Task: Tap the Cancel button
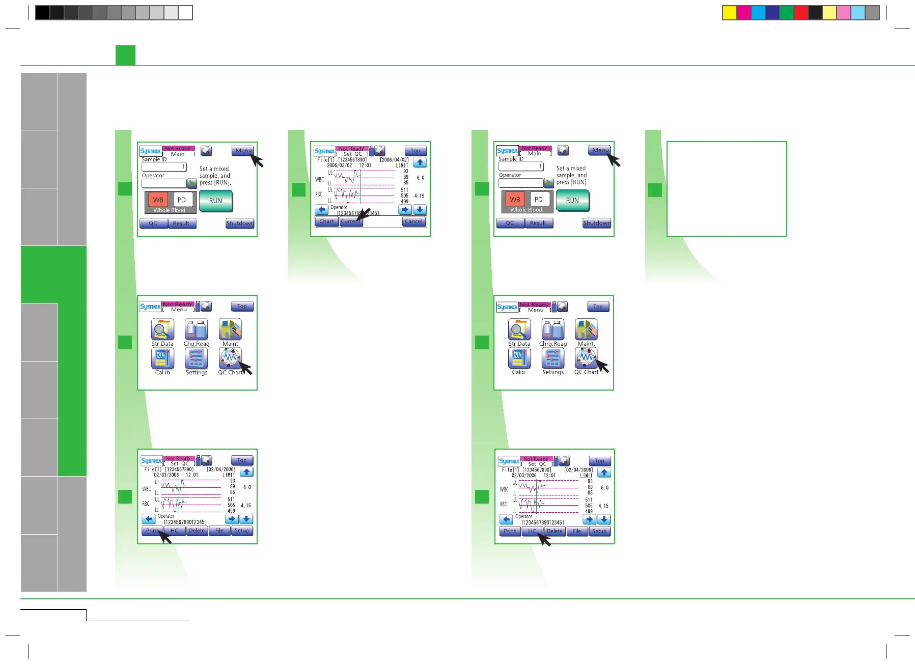click(413, 222)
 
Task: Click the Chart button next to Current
click(326, 222)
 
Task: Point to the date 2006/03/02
click(339, 165)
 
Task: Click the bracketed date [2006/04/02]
click(394, 160)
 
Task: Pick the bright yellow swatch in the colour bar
click(730, 13)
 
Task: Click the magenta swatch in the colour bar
click(744, 13)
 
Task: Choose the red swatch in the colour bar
click(801, 13)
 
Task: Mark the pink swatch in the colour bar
click(844, 13)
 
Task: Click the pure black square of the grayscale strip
click(43, 13)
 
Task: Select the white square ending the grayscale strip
click(185, 13)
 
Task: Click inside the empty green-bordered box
click(727, 189)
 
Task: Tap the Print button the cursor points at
click(152, 531)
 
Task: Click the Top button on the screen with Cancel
click(415, 151)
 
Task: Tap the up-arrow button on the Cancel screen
click(420, 163)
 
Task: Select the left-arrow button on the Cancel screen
click(321, 210)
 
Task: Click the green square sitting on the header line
click(125, 55)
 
